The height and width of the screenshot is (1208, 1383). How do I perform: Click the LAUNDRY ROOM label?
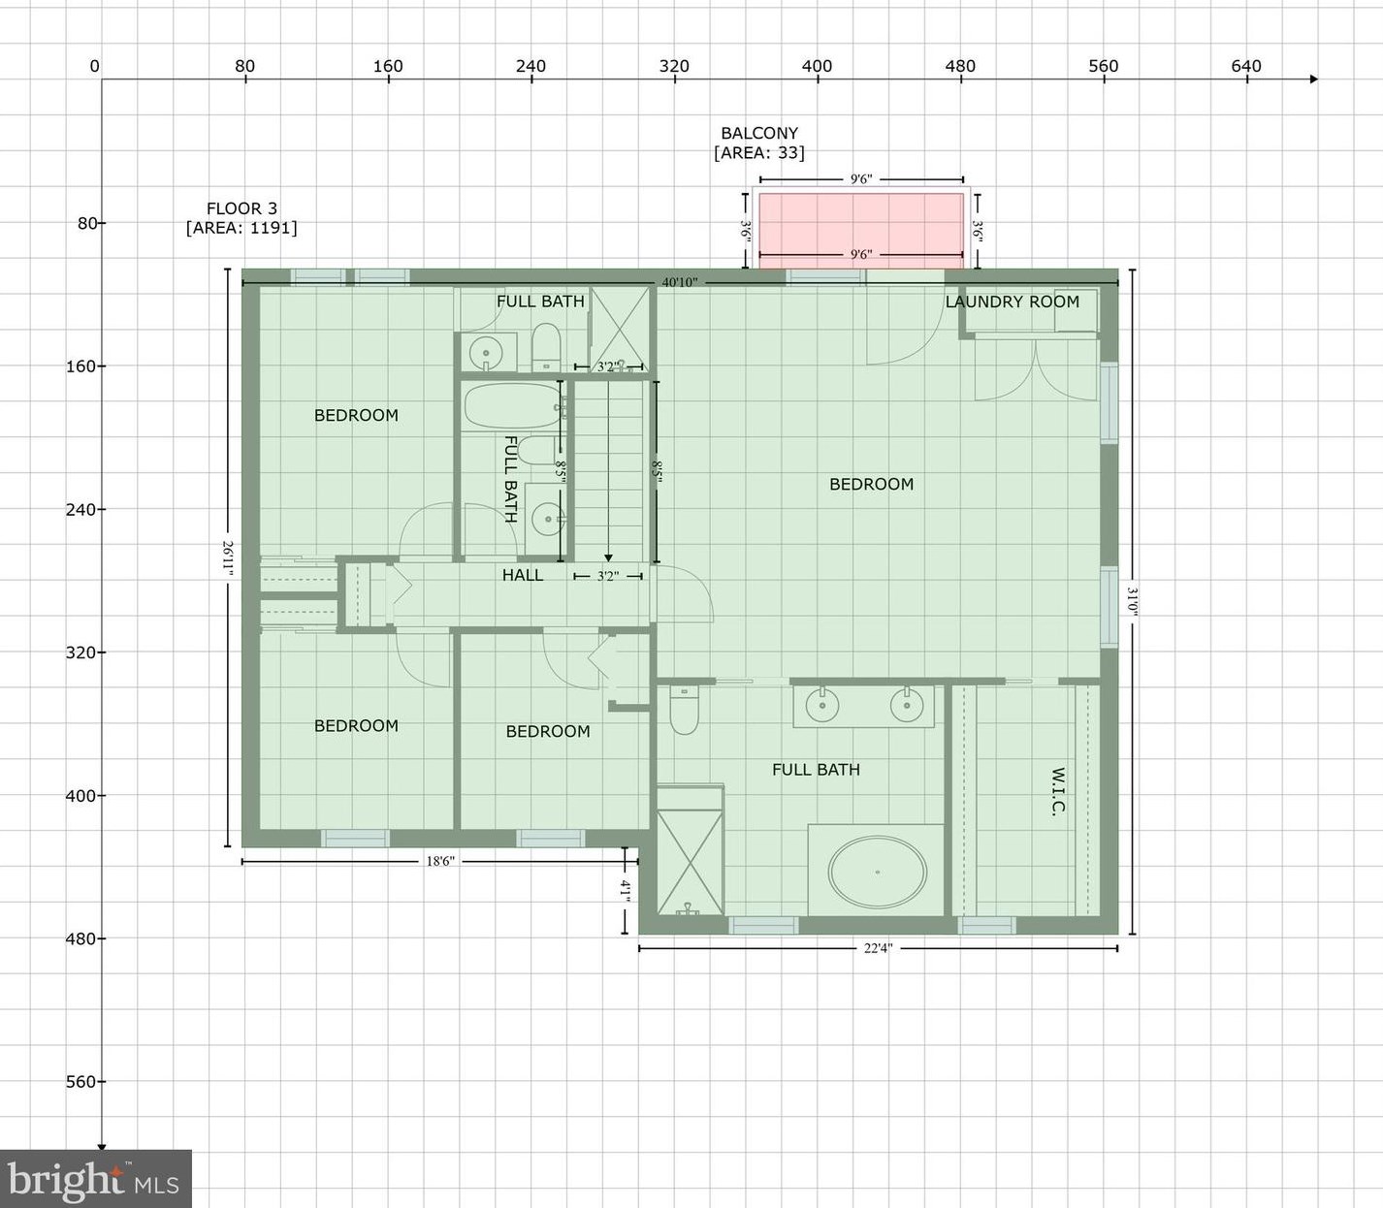click(1012, 302)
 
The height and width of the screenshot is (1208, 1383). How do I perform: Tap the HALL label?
click(523, 575)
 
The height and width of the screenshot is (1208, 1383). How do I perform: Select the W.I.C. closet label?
click(1058, 791)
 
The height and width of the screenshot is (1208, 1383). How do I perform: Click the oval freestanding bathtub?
click(878, 873)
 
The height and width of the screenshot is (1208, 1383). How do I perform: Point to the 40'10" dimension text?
click(679, 282)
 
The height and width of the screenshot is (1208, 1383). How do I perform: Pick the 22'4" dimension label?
click(878, 948)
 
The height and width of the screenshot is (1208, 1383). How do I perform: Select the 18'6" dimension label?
click(440, 862)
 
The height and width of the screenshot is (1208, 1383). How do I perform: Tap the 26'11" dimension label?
click(228, 557)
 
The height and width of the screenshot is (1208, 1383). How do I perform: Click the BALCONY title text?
click(759, 133)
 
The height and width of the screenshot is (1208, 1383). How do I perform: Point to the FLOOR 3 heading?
click(242, 208)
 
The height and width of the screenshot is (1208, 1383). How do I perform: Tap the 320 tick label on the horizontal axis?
click(674, 66)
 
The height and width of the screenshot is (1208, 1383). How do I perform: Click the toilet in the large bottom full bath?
click(684, 710)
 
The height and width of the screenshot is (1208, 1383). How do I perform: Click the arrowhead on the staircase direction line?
click(608, 558)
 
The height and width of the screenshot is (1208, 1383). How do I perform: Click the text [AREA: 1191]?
click(242, 228)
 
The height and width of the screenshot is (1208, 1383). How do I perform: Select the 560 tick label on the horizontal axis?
click(1104, 66)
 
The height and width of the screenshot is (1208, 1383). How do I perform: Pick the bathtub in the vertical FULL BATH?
click(512, 406)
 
